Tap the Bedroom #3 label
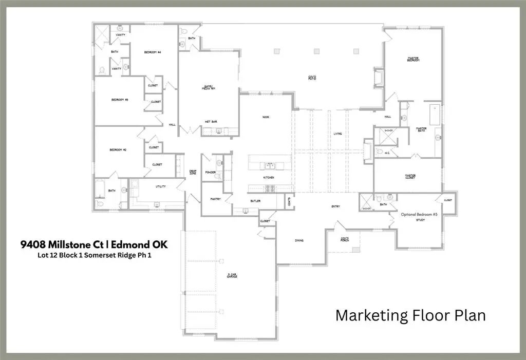(x=120, y=100)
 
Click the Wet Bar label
(x=211, y=122)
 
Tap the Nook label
(x=266, y=117)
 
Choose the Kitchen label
(x=269, y=178)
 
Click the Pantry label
(x=215, y=199)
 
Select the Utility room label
(x=160, y=186)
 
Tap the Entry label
(x=335, y=206)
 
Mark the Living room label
(x=337, y=134)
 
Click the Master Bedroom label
(x=414, y=60)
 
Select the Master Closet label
(x=410, y=177)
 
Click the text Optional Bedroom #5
(x=419, y=214)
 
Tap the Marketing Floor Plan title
(x=410, y=315)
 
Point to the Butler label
(x=255, y=201)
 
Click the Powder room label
(x=210, y=172)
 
